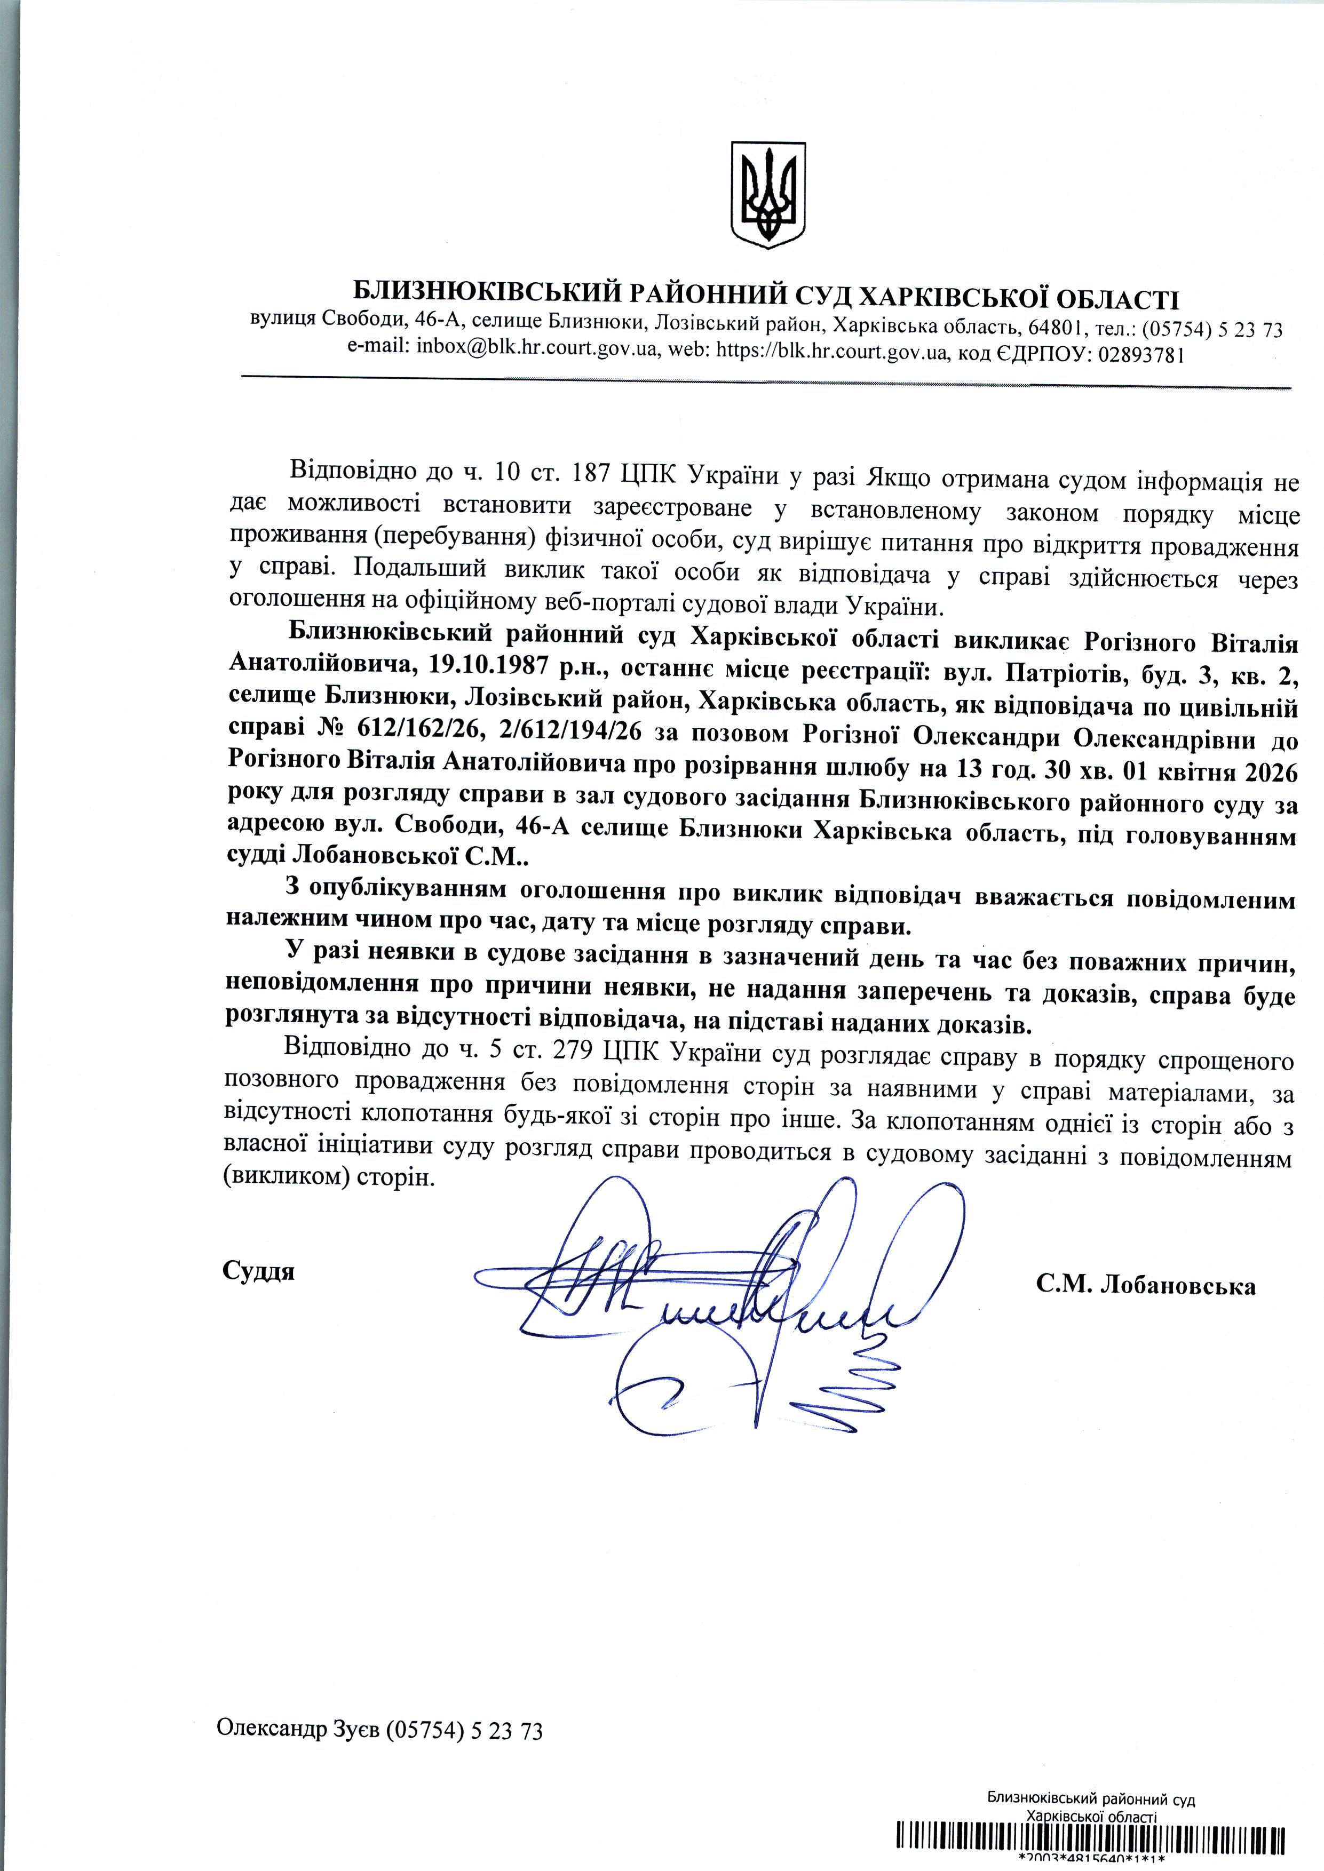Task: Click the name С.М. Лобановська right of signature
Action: tap(1145, 1285)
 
